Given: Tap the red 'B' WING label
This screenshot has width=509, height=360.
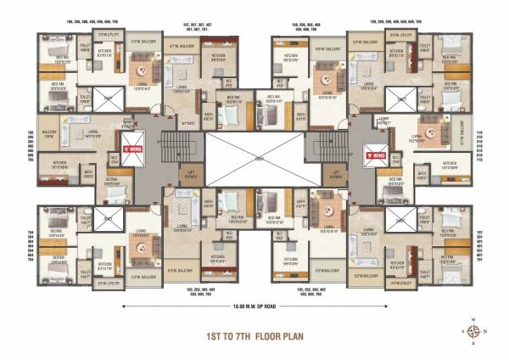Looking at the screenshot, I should (374, 156).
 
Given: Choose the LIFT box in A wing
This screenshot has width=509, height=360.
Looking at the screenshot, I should (191, 177).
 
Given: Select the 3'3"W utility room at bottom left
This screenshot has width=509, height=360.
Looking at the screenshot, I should (105, 283).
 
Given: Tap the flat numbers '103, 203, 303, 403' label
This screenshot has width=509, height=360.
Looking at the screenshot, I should (197, 292).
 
